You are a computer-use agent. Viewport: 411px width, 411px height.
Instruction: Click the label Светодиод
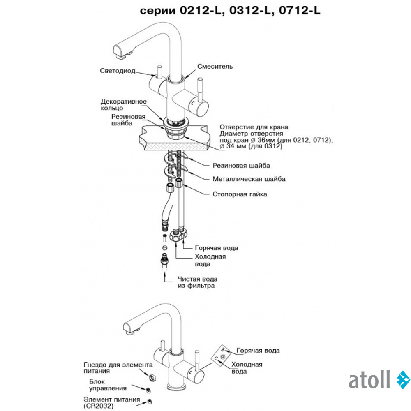[118, 71]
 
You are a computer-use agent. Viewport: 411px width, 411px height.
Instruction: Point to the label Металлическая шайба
[249, 179]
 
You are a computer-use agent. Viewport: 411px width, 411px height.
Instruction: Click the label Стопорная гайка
[240, 194]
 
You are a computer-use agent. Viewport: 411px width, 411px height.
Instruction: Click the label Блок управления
[109, 384]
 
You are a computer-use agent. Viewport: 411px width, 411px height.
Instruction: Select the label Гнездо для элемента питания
[118, 367]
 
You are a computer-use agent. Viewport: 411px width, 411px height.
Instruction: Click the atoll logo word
[369, 380]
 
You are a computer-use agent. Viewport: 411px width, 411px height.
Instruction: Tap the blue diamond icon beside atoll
[403, 380]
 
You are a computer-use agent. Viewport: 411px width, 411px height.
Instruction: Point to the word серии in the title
[158, 11]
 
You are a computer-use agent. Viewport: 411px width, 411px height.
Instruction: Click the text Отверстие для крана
[254, 127]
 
